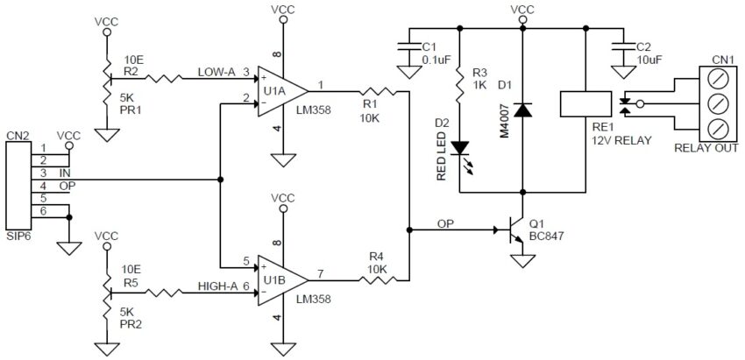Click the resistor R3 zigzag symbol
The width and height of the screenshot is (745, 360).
point(459,86)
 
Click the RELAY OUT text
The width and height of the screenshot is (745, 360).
point(706,147)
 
